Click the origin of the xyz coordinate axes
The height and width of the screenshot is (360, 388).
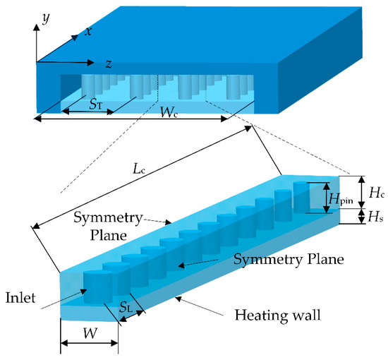pyautogui.click(x=33, y=61)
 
